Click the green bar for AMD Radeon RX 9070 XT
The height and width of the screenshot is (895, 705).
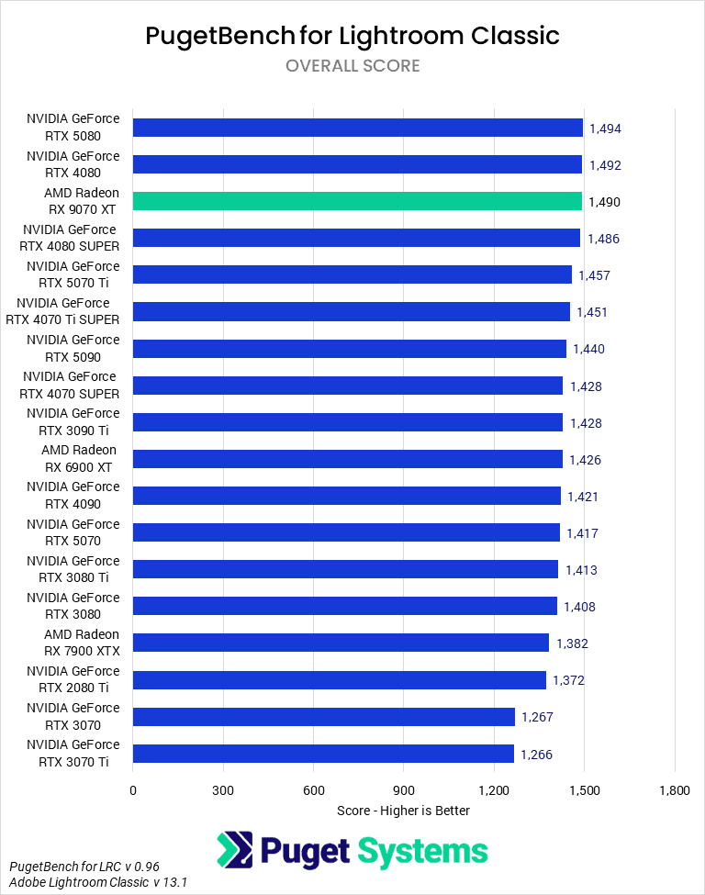click(x=357, y=201)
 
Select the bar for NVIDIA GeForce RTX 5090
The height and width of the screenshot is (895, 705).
click(x=350, y=349)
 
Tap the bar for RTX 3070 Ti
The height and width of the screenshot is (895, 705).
click(x=323, y=754)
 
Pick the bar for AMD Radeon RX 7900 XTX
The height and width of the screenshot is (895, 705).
click(x=341, y=643)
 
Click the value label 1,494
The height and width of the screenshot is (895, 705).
click(x=605, y=129)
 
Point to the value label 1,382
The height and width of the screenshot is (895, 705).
click(x=572, y=643)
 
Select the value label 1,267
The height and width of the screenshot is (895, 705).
click(x=537, y=717)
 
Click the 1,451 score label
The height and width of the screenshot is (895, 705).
click(x=592, y=312)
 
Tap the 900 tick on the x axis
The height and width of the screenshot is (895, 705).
click(x=404, y=790)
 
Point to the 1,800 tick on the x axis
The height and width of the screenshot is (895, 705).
click(x=675, y=790)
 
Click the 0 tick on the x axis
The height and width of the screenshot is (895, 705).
click(x=133, y=790)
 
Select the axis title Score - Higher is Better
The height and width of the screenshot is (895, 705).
click(x=404, y=811)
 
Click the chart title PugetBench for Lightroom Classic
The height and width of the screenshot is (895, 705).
click(x=352, y=36)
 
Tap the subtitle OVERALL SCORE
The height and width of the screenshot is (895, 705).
click(x=352, y=66)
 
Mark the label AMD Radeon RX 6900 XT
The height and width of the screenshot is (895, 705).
click(x=79, y=458)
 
